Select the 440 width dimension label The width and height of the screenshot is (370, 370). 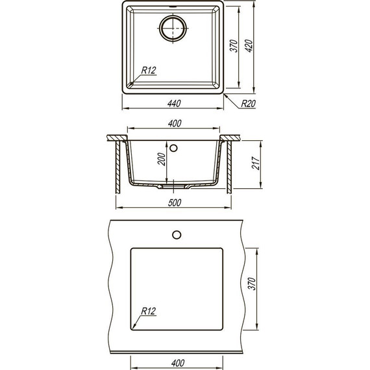[174, 104]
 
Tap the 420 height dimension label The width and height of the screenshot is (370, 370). [249, 46]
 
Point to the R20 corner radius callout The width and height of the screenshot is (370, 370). [249, 104]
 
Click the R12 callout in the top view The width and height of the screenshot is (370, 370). [149, 70]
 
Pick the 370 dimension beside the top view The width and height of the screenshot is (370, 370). [234, 46]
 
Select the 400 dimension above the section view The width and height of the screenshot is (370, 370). [175, 123]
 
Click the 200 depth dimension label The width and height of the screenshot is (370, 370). [162, 159]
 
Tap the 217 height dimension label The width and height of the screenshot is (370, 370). [256, 163]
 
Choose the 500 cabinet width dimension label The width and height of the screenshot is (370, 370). [175, 203]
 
